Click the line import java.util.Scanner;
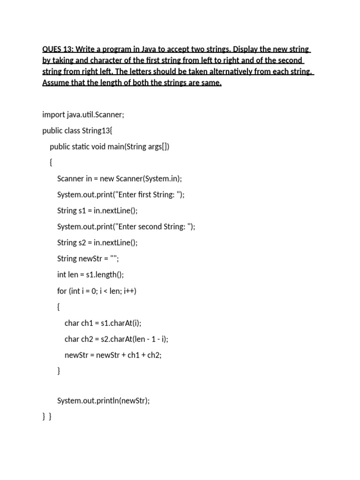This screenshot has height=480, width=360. point(83,115)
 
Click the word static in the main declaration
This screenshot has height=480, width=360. point(82,147)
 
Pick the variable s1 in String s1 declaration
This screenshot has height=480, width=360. point(82,211)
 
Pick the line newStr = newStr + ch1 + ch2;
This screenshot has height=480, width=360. point(113,355)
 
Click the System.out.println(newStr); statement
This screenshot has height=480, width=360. point(104,401)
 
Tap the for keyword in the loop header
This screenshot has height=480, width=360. point(62,291)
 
